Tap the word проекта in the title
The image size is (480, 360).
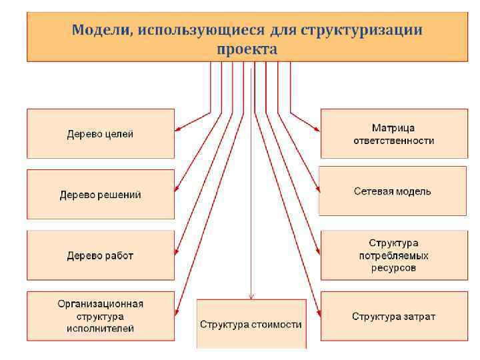click(x=247, y=49)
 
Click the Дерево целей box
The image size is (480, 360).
click(x=100, y=134)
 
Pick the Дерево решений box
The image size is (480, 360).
click(x=100, y=195)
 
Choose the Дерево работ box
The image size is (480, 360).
click(x=100, y=255)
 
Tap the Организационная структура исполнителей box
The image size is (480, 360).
click(x=100, y=316)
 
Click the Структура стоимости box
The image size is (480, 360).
click(x=251, y=325)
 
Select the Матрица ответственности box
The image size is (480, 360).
click(x=393, y=134)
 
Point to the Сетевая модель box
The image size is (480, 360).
click(x=392, y=191)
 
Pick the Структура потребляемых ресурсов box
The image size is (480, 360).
click(x=393, y=255)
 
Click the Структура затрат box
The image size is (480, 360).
click(x=393, y=316)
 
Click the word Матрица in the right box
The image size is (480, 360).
click(x=393, y=128)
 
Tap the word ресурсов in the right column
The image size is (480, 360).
click(x=393, y=268)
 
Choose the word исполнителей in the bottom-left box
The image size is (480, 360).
click(x=100, y=329)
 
